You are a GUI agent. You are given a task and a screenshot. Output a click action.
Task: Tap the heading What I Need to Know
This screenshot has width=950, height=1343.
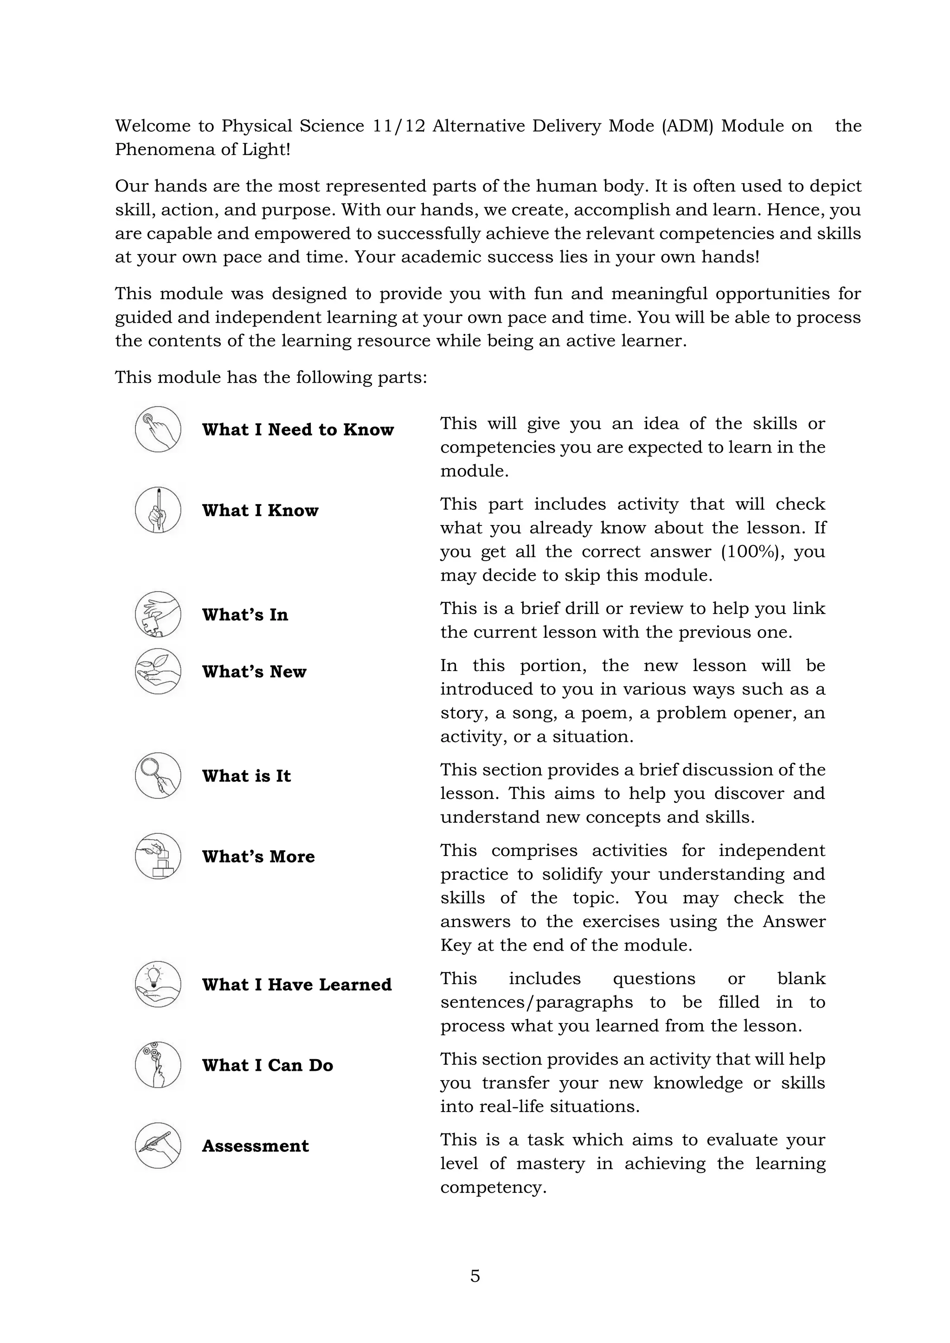(x=298, y=430)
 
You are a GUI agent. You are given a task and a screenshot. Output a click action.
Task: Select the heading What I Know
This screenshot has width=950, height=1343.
(x=260, y=511)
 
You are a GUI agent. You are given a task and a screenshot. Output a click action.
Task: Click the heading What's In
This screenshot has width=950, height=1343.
(x=244, y=615)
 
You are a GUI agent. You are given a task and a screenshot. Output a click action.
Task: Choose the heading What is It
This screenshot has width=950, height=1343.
(x=246, y=776)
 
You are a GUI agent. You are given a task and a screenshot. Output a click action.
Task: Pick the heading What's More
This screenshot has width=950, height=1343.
(x=258, y=857)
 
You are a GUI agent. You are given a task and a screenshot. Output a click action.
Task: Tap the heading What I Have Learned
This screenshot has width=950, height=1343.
(x=296, y=985)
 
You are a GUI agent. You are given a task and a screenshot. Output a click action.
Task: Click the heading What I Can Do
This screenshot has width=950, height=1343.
(x=267, y=1065)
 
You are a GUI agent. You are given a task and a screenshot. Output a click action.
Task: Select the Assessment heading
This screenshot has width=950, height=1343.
(x=255, y=1146)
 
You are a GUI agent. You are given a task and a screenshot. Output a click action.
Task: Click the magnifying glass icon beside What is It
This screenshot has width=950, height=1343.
(x=158, y=776)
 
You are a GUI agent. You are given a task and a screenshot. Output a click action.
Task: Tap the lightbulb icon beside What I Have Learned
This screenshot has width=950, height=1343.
(x=158, y=984)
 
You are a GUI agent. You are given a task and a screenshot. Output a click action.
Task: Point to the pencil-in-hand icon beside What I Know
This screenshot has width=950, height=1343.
(x=158, y=510)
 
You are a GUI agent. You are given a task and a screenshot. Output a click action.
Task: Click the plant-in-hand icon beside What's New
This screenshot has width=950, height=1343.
(x=158, y=671)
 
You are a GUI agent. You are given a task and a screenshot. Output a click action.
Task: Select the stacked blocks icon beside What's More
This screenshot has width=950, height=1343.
(x=158, y=857)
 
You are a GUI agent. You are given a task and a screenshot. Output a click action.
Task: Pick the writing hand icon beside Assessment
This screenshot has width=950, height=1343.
(x=158, y=1145)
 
